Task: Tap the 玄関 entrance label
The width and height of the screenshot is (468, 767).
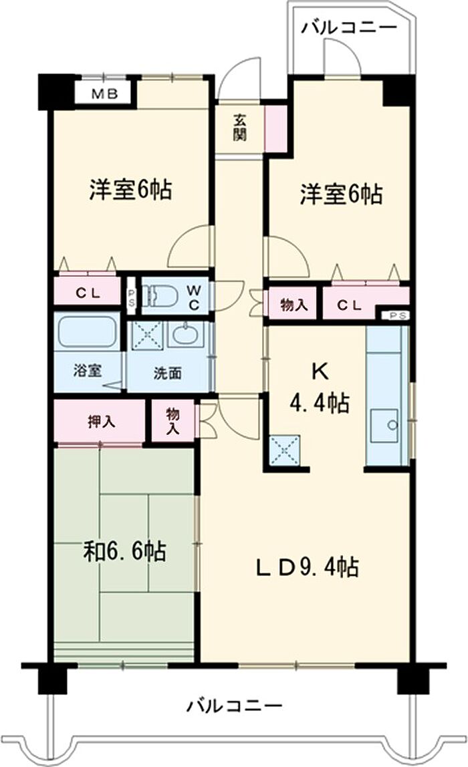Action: [239, 128]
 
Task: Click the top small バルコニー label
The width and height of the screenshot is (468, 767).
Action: [348, 27]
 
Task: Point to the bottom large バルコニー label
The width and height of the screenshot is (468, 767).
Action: [234, 705]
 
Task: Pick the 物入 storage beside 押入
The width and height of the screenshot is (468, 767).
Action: [173, 422]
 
